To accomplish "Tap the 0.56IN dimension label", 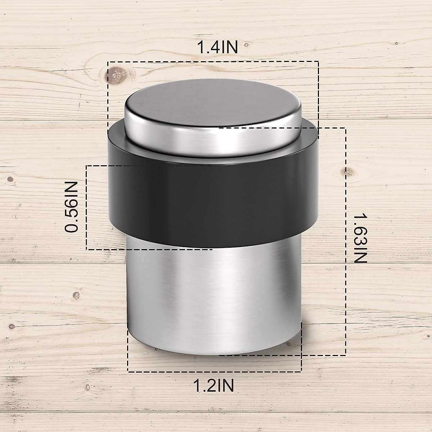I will tap(72, 207).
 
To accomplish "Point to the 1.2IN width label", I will tap(215, 386).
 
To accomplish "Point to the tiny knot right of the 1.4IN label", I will tap(247, 45).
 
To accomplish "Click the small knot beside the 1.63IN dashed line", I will tap(348, 173).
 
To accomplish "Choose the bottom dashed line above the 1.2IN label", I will tap(215, 372).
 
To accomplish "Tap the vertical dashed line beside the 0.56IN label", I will tap(86, 207).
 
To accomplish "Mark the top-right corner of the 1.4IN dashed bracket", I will tap(318, 62).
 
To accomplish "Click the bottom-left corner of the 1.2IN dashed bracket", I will tap(128, 372).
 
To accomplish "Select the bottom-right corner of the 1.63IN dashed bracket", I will tap(346, 355).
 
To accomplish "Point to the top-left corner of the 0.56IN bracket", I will tap(86, 166).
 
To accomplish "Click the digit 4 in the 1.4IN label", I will tap(215, 48).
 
